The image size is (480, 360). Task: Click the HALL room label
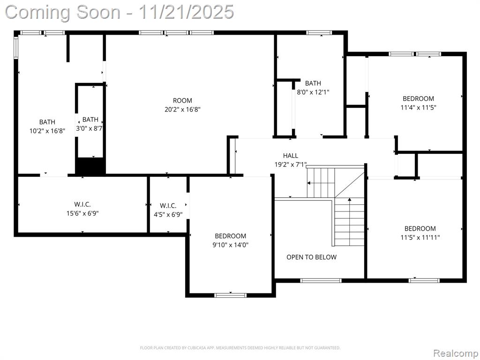tap(290, 156)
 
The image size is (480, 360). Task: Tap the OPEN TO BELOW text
tap(311, 257)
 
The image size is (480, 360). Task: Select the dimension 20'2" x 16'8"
tap(182, 109)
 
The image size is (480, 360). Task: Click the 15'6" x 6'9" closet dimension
tap(82, 213)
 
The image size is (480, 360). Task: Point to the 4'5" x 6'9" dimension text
tap(168, 214)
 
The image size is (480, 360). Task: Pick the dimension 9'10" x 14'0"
tap(230, 245)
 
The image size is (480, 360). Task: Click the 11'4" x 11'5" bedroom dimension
tap(418, 107)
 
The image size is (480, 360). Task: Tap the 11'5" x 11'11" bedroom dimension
tap(420, 237)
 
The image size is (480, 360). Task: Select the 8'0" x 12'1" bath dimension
tap(313, 92)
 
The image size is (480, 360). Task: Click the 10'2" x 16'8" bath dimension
tap(47, 131)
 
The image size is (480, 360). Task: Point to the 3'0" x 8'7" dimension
tap(89, 128)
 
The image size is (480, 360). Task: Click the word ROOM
tap(182, 100)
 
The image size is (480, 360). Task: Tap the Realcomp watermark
tap(456, 353)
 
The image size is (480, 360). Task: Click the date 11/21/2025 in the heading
tap(186, 12)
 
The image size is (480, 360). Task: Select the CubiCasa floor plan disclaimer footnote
tap(240, 348)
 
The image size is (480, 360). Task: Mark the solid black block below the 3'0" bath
tap(90, 166)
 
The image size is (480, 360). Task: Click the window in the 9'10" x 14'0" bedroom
tap(230, 295)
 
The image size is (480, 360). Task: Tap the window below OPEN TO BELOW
tap(321, 280)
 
